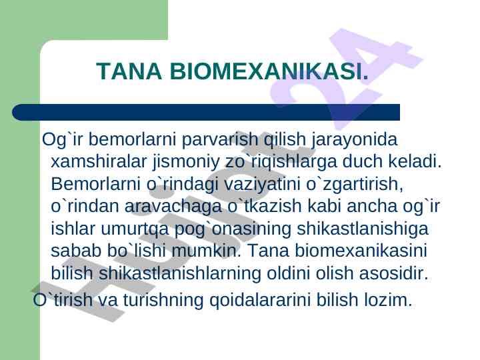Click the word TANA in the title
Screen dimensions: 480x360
[x=129, y=71]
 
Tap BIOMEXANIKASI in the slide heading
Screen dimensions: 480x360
[x=269, y=71]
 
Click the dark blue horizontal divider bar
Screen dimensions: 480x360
[x=206, y=112]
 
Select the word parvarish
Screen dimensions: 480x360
[x=220, y=139]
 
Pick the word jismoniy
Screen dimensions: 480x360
[x=186, y=162]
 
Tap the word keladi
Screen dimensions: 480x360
[x=415, y=161]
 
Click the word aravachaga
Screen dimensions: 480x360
[x=173, y=207]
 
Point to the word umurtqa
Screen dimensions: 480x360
[x=135, y=229]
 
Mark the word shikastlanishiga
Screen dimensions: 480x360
[x=363, y=229]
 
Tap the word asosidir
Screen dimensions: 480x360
[x=393, y=273]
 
